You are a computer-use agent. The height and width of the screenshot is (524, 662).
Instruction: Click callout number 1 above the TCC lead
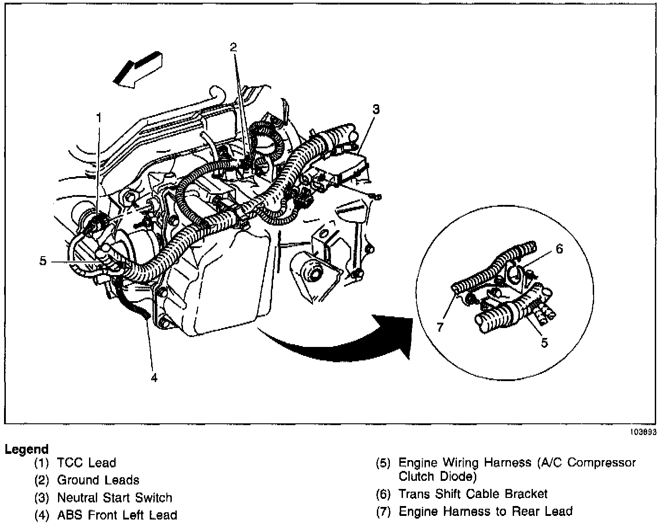pos(99,118)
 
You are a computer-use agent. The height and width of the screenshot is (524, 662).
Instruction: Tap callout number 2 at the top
pos(233,47)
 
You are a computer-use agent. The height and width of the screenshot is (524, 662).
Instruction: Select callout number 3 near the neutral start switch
pos(376,109)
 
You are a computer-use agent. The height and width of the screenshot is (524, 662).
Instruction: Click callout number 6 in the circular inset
pos(559,249)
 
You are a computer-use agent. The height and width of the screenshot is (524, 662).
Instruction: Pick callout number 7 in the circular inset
pos(440,327)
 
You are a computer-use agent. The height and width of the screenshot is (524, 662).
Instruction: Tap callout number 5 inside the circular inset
pos(544,342)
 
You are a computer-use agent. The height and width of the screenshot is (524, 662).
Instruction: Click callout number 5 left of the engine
pos(43,261)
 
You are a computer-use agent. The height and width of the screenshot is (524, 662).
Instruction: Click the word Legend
pos(27,449)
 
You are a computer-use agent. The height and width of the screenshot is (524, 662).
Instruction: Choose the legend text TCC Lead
pos(86,463)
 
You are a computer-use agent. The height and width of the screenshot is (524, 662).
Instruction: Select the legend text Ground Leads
pos(98,480)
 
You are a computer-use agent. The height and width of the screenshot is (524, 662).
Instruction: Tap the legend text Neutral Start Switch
pos(115,497)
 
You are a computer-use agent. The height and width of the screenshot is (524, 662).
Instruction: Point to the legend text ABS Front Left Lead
pos(117,515)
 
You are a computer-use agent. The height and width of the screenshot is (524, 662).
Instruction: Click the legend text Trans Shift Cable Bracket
pos(473,494)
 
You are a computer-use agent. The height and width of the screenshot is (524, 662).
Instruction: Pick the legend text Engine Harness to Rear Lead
pos(486,511)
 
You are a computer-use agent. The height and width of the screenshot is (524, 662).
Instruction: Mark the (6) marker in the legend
pos(383,494)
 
